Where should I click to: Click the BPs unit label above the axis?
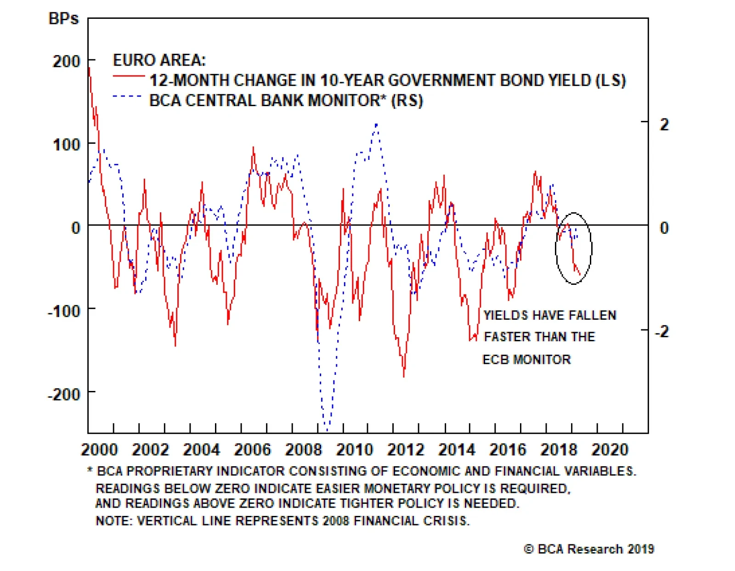click(x=63, y=19)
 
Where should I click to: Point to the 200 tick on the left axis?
click(x=67, y=61)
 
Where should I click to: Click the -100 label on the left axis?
click(x=64, y=311)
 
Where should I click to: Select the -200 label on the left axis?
click(x=64, y=394)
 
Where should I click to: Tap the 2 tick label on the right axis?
click(x=664, y=124)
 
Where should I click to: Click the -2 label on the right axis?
click(x=661, y=331)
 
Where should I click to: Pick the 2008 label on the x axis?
click(x=304, y=449)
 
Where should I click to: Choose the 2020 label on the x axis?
click(x=610, y=449)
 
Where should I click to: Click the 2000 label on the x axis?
click(x=100, y=449)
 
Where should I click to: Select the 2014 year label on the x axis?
click(x=457, y=449)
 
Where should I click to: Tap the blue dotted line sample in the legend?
click(x=127, y=96)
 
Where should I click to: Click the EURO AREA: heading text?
click(x=159, y=60)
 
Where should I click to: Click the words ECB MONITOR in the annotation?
click(x=526, y=359)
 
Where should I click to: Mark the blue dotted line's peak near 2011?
click(x=376, y=124)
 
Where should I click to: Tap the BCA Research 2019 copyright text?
click(x=589, y=549)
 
